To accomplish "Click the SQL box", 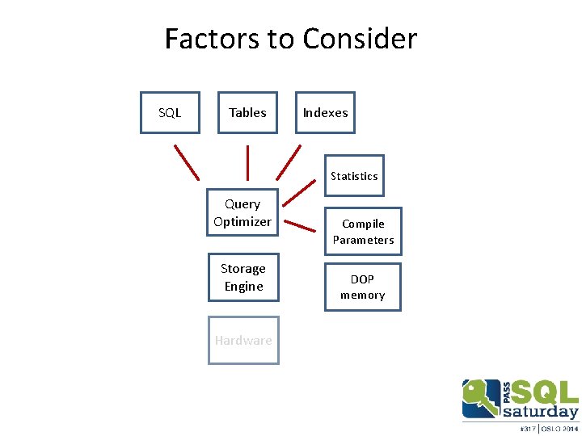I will click(170, 112).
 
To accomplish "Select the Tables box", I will click(247, 112).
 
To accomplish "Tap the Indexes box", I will click(325, 112).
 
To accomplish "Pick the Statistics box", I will click(354, 175).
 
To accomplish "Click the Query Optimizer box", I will click(242, 213).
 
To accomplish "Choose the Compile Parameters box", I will click(363, 232).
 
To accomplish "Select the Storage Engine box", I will click(243, 277).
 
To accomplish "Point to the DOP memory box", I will click(362, 287).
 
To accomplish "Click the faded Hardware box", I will click(243, 340).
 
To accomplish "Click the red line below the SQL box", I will click(187, 161).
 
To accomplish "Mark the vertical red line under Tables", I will click(247, 162).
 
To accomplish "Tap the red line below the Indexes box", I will click(289, 162).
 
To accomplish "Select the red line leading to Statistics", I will click(299, 192).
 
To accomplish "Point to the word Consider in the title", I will click(360, 39).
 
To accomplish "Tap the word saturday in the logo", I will click(540, 412).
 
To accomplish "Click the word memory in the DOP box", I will click(362, 296).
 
